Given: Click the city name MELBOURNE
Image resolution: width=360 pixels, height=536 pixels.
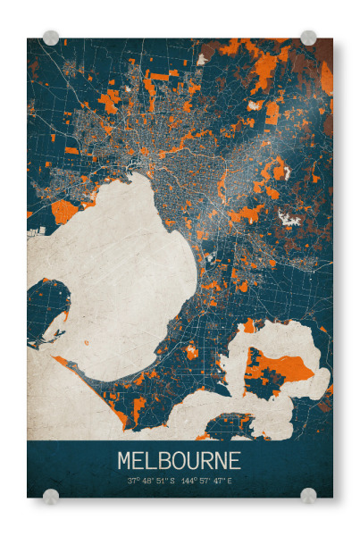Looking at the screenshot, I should coord(179,461).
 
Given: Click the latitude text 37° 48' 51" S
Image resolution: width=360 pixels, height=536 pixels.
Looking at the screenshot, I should coord(151,481).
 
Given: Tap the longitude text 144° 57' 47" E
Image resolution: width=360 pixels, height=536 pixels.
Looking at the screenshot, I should coord(207,481).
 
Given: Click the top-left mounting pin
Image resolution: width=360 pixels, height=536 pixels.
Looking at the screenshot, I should coord(51,38).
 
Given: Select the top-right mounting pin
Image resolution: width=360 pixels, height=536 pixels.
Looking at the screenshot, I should coord(308,38).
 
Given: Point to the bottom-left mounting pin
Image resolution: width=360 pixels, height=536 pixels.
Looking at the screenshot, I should coord(51,495).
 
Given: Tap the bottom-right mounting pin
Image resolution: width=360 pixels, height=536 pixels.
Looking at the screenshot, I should coord(308,495).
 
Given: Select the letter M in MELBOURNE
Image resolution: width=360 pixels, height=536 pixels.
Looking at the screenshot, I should coord(125,461).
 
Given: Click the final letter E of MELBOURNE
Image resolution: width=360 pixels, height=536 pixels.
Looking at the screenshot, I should coord(234,461).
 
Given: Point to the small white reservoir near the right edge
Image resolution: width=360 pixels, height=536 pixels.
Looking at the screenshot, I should coord(288,216).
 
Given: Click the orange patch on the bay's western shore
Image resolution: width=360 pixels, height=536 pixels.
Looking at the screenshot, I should coord(64,211).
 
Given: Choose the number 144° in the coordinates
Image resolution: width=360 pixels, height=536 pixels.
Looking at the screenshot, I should coord(188,481).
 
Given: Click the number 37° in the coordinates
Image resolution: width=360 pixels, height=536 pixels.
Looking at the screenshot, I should coord(132,481).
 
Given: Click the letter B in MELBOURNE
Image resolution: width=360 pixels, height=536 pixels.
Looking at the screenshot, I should coord(167,461).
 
